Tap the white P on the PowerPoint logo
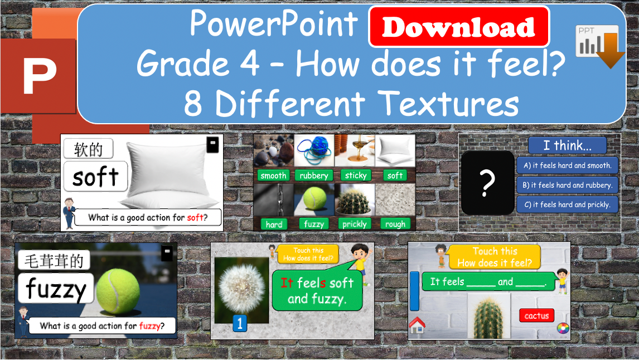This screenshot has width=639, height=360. click(x=40, y=75)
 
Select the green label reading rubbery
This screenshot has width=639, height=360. click(x=314, y=176)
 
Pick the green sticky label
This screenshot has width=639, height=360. click(x=356, y=176)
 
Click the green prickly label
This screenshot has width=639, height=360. click(x=355, y=224)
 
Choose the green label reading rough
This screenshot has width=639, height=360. click(x=395, y=224)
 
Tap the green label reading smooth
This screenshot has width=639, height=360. click(x=273, y=176)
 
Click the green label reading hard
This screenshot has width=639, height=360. click(x=274, y=224)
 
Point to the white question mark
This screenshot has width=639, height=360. click(x=487, y=183)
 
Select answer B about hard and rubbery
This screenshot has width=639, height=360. click(x=567, y=185)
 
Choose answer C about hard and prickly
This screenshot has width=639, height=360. click(x=567, y=205)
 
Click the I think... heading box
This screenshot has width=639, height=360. click(x=567, y=145)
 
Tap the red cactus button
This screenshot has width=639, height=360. click(x=536, y=316)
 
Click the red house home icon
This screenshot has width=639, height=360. click(x=417, y=324)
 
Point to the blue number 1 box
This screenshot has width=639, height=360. click(x=239, y=324)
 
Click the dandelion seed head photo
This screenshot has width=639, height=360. click(x=241, y=288)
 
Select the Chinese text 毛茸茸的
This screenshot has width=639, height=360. click(x=54, y=260)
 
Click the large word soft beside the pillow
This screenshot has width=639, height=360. click(x=95, y=177)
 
